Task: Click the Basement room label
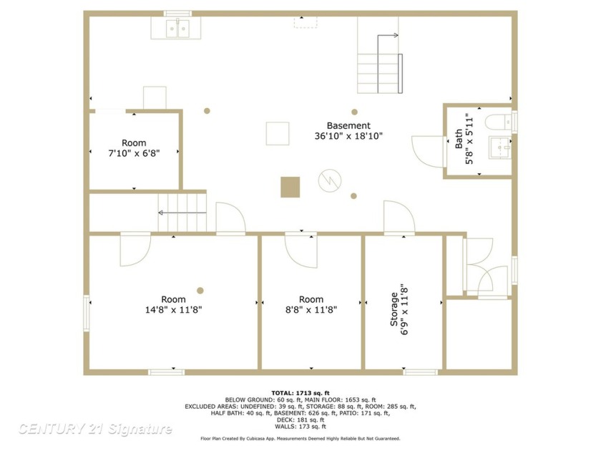point(348,125)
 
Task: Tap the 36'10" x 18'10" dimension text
point(348,136)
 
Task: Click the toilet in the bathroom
point(498,122)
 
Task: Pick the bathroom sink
point(499,147)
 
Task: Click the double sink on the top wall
point(176,28)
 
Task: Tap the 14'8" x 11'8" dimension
point(173,310)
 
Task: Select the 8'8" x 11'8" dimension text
point(311,310)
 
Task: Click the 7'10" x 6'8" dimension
point(134,153)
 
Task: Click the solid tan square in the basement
point(290,187)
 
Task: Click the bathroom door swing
point(430,151)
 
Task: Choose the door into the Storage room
point(398,218)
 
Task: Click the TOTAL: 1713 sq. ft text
point(300,393)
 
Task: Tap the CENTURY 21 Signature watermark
point(94,429)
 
